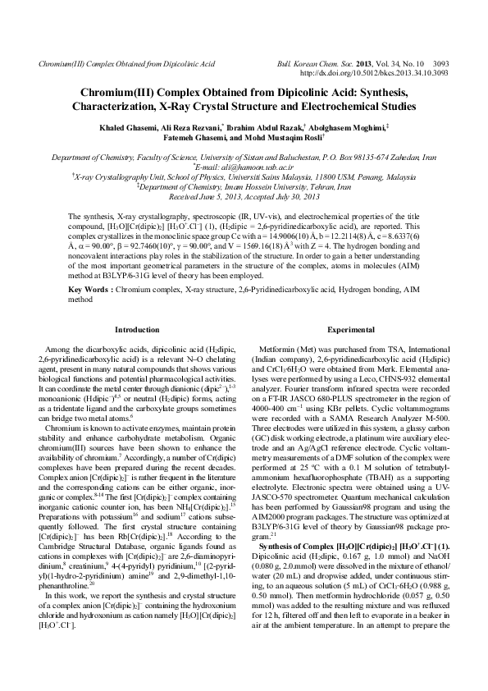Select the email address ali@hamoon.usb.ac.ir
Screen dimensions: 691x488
(x=247, y=165)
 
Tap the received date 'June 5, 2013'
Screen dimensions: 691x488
(x=218, y=198)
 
